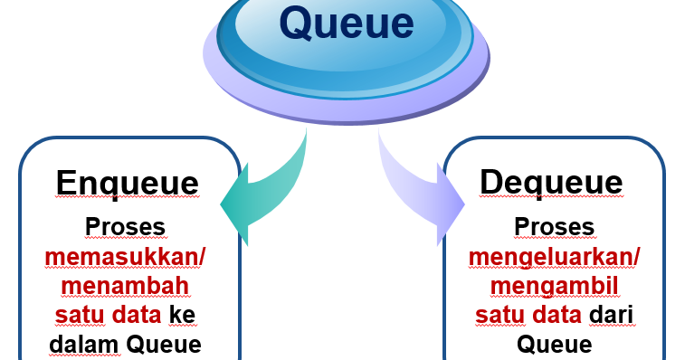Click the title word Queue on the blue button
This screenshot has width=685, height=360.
coord(347,23)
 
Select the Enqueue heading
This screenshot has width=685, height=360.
coord(127,183)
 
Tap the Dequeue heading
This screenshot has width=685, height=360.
coord(551,183)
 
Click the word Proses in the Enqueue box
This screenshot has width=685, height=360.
coord(126,226)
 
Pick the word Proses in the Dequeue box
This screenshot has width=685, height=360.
coord(554,226)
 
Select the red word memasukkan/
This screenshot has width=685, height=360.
coord(126,257)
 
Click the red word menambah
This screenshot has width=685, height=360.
coord(126,287)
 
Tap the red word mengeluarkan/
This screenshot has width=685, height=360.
coord(554,257)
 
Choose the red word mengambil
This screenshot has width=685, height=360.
coord(554,287)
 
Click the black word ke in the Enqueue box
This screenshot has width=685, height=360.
coord(184,316)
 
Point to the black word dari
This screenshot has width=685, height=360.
coord(610,316)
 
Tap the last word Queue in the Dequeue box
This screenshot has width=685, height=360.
coord(554,345)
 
